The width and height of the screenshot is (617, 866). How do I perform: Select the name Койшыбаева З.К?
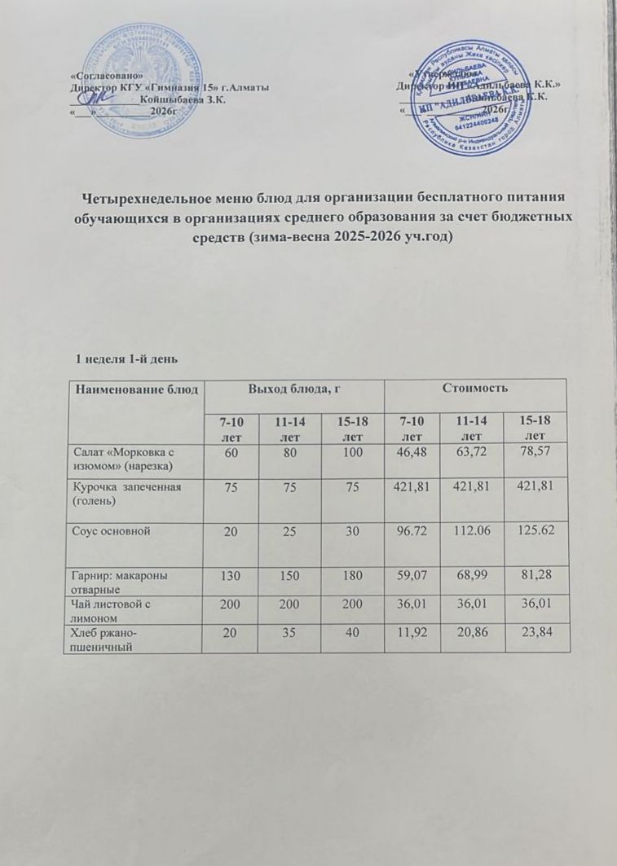(x=183, y=99)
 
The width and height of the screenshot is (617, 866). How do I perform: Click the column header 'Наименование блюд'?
(x=137, y=389)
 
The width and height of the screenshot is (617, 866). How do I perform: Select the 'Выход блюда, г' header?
(x=293, y=389)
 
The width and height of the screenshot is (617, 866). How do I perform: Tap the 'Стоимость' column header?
(x=475, y=389)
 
